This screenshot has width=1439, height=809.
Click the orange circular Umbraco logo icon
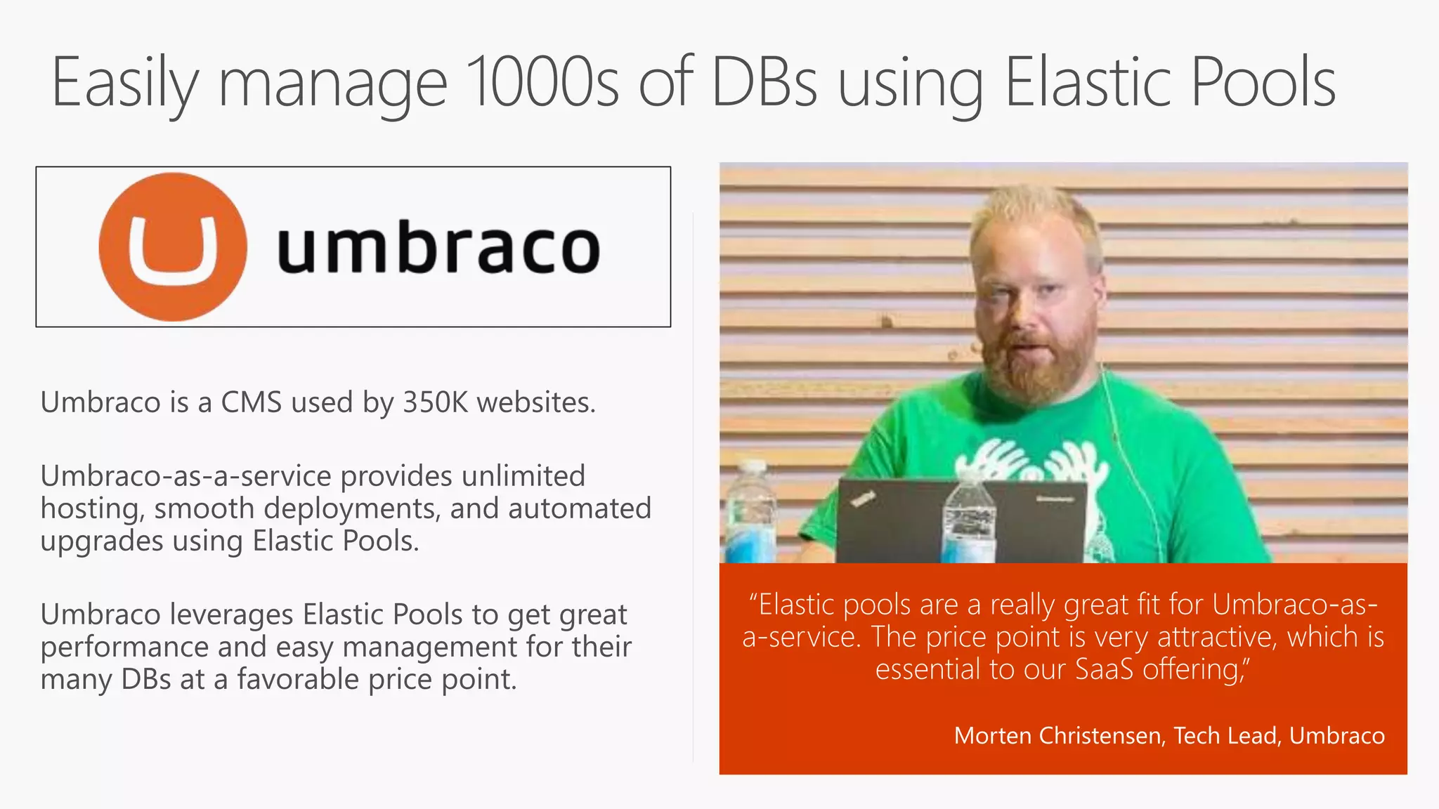click(173, 247)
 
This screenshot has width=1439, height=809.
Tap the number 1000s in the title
click(542, 83)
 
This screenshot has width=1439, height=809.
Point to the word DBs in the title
click(764, 83)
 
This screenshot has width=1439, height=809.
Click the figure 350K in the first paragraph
click(435, 402)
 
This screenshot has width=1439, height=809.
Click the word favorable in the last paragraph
click(307, 679)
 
